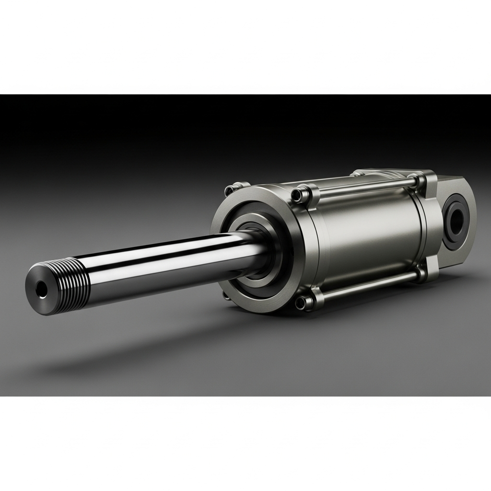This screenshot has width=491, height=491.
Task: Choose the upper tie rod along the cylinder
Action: pyautogui.click(x=364, y=187)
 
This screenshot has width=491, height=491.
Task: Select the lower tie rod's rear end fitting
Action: pyautogui.click(x=421, y=275)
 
